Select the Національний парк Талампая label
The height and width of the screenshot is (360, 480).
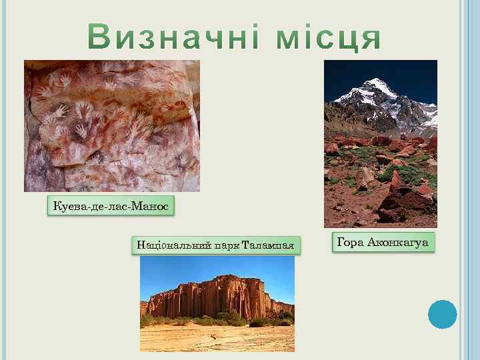coord(215,245)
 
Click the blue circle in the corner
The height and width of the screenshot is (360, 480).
coord(442,315)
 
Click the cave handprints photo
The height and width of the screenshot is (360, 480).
coord(112,126)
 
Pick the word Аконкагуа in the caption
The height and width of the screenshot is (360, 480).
coord(397,242)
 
